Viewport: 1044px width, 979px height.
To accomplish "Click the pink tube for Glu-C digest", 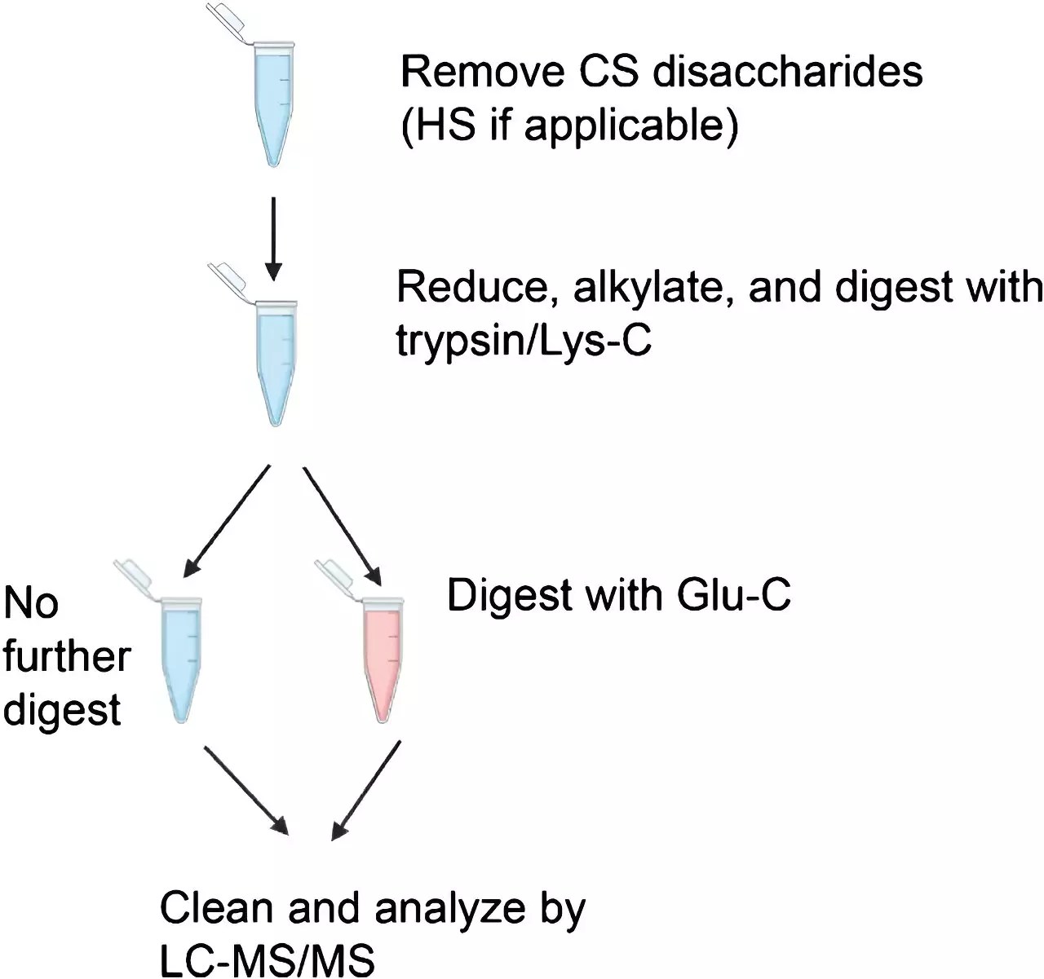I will (x=382, y=660).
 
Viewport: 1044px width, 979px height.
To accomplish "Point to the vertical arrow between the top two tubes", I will (x=273, y=236).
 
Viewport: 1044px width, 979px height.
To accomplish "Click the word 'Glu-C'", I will (x=734, y=595).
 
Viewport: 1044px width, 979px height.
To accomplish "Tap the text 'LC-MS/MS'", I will (x=267, y=960).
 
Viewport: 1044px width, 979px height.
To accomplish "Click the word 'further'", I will (x=67, y=656).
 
